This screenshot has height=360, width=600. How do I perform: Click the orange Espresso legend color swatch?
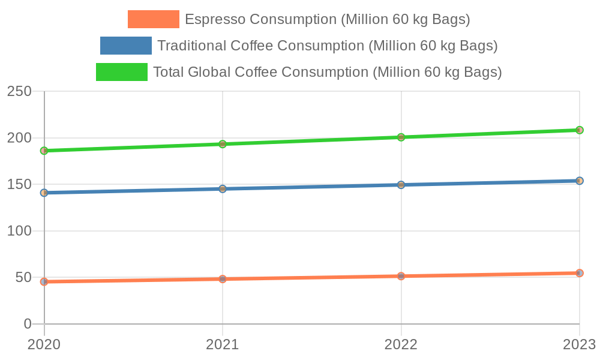[153, 19]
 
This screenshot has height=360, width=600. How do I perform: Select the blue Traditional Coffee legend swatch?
[126, 46]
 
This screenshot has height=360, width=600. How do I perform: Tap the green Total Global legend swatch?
[122, 72]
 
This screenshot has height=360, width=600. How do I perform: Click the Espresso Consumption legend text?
[327, 19]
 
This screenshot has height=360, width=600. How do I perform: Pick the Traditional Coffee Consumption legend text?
[327, 46]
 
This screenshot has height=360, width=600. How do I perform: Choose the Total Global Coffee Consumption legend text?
[327, 72]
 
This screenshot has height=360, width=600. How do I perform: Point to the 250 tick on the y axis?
[19, 91]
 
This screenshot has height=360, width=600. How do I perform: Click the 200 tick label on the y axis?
[19, 138]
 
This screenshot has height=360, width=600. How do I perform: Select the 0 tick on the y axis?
[28, 324]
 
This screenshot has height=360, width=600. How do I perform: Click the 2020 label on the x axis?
[44, 344]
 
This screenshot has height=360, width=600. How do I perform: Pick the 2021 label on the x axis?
[223, 344]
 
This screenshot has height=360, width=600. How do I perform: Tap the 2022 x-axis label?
[401, 344]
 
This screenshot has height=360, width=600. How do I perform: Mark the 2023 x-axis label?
[578, 344]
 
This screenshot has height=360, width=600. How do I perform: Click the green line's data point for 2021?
[223, 144]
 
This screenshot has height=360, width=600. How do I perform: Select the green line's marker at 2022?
[401, 137]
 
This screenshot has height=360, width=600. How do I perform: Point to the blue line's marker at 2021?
[223, 189]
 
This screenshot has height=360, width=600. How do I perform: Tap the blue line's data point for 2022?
[401, 185]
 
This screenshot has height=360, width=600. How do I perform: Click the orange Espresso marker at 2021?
[223, 279]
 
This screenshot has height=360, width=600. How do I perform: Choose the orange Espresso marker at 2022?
[401, 276]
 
